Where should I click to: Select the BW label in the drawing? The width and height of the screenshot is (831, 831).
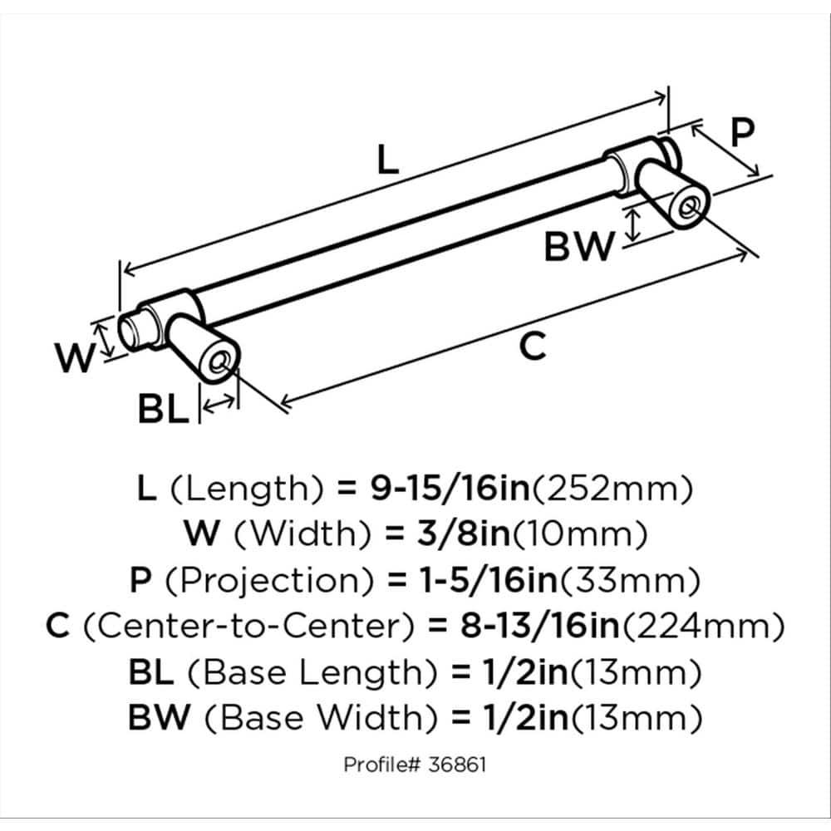[578, 246]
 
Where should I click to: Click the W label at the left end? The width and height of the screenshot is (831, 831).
[73, 359]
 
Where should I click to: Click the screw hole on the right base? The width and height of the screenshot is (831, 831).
[689, 207]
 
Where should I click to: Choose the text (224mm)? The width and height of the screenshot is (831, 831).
[718, 625]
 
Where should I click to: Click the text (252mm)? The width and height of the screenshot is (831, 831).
[612, 489]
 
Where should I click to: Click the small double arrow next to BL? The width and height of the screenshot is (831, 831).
[219, 406]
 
